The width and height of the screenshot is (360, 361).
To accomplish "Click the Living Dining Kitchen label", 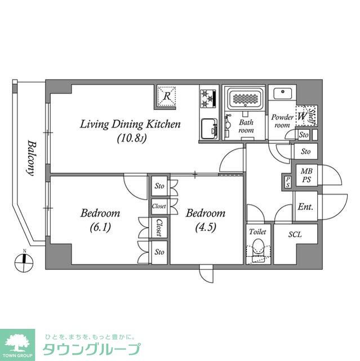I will coord(130,124).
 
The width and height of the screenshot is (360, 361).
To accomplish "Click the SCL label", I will coord(295,234).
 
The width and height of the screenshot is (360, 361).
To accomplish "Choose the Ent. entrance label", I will coord(305,207).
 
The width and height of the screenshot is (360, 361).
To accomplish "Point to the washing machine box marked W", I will coord(302,116).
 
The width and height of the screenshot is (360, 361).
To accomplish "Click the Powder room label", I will coord(281,121).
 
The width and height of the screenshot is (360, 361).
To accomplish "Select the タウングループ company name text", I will coord(91,348).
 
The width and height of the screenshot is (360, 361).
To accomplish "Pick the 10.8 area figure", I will coord(132,138).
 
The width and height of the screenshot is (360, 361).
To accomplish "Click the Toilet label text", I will coord(258,231).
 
